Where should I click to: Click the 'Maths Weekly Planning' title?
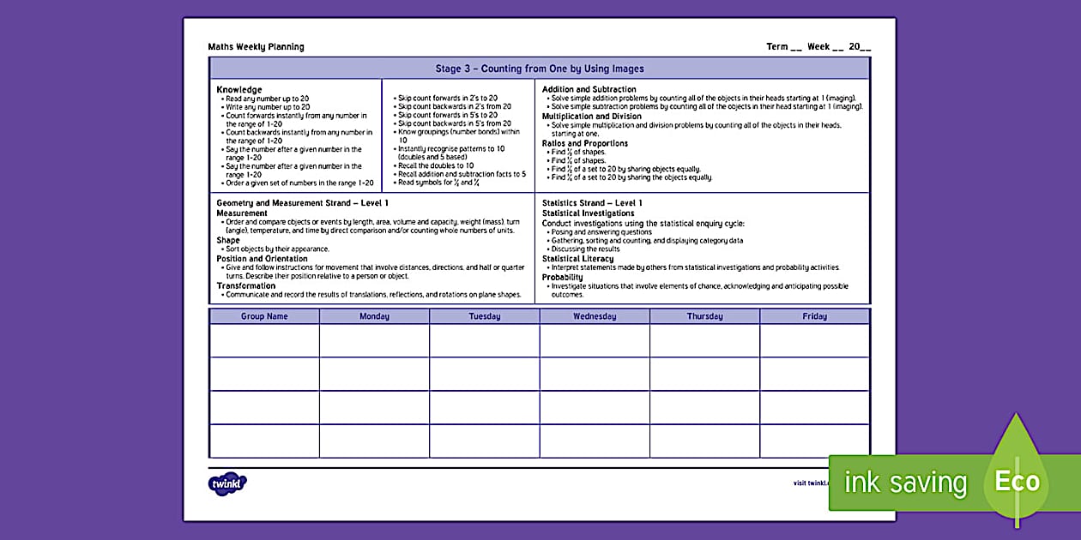tap(256, 47)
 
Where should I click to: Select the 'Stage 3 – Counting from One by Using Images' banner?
tap(539, 69)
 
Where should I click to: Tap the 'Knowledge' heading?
tap(239, 89)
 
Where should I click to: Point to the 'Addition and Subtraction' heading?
tap(589, 89)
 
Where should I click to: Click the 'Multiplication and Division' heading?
tap(591, 116)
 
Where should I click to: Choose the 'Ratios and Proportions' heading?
tap(584, 143)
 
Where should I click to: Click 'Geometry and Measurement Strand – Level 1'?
tap(302, 203)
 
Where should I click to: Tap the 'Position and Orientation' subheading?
tap(262, 259)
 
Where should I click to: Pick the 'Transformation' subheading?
tap(246, 285)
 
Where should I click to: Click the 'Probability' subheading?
tap(563, 277)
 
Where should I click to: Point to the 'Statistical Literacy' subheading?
tap(577, 259)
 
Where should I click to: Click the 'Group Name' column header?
tap(264, 316)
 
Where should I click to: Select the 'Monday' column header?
tap(374, 316)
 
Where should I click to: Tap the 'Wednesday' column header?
tap(595, 316)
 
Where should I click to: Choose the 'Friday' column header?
tap(814, 316)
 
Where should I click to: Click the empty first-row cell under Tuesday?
tap(484, 340)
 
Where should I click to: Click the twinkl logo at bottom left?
tap(227, 483)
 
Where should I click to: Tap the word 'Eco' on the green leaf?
tap(1017, 482)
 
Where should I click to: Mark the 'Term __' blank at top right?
tap(783, 47)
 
